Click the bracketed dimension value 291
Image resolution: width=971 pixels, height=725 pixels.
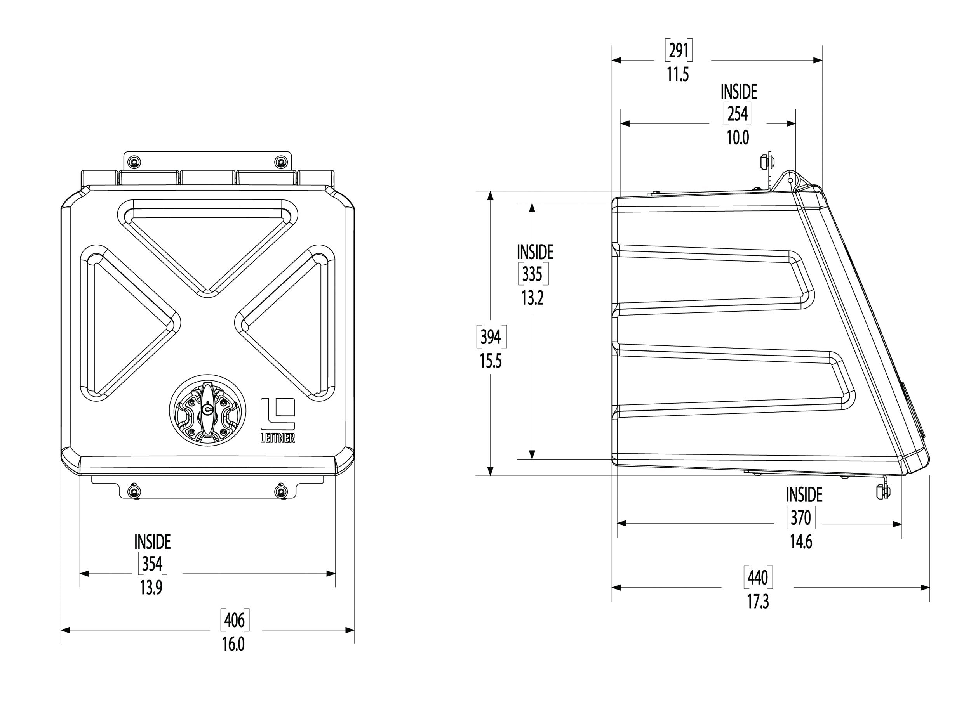point(678,51)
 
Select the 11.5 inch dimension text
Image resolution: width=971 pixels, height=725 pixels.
point(678,75)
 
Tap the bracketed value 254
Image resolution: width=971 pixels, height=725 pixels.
point(738,114)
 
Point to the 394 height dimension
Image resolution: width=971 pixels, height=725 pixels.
point(491,337)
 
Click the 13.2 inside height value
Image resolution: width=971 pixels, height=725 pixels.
point(532,298)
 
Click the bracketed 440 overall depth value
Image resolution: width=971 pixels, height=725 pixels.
point(758,578)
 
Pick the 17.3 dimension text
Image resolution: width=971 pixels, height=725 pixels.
point(758,602)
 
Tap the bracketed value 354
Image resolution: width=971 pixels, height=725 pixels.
point(152,564)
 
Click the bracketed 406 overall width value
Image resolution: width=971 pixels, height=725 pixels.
point(235,620)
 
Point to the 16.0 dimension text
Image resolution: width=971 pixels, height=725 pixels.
point(233,644)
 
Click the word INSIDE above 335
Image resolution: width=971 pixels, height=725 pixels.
point(535,252)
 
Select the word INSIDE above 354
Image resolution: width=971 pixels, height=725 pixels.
point(152,542)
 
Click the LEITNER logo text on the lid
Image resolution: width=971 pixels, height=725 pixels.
point(277,438)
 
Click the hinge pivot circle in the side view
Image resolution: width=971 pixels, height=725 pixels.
point(790,180)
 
